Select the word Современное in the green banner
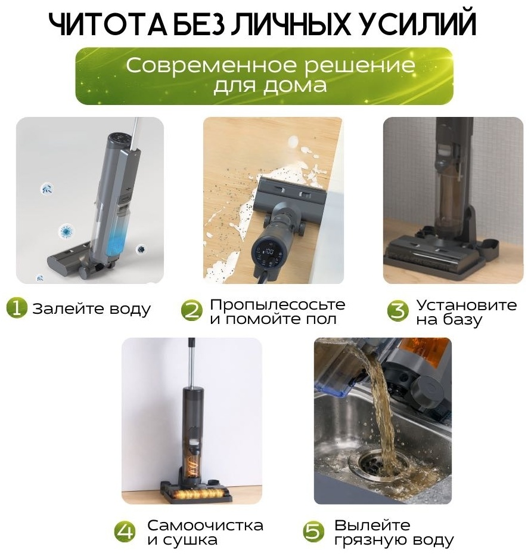213,66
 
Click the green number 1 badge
17,307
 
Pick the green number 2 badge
192,311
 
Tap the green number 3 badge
398,311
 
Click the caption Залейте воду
91,308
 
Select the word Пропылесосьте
277,305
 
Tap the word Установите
466,305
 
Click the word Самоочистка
205,525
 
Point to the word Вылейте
372,525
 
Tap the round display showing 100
269,252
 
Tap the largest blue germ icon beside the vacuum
67,232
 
